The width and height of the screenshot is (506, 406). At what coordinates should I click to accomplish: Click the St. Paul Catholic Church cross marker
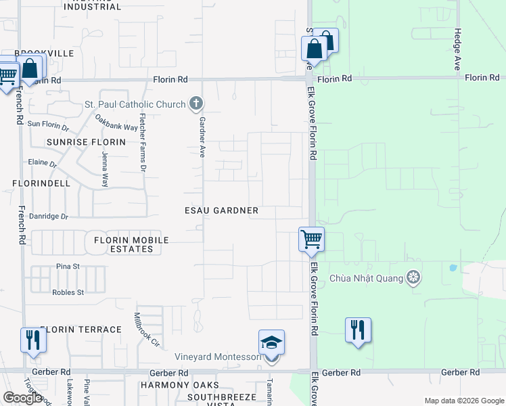[196, 104]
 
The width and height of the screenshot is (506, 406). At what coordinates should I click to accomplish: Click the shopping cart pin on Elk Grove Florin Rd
[311, 239]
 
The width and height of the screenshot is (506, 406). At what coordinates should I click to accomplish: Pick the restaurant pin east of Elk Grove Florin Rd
[358, 330]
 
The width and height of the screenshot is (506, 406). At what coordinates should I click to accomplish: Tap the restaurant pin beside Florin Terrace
[32, 340]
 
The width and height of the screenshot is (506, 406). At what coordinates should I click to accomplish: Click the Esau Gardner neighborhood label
[221, 210]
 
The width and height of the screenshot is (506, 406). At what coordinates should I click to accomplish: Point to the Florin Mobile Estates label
[131, 244]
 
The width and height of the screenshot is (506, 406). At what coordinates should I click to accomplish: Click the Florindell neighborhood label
[41, 183]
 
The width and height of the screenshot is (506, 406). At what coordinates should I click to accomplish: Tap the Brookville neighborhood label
[44, 53]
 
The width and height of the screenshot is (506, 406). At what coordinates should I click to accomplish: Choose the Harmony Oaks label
[168, 384]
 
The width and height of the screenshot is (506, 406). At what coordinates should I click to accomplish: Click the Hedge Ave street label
[458, 49]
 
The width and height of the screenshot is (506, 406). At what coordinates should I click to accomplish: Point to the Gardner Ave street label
[201, 133]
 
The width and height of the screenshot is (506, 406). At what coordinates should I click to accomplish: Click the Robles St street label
[68, 292]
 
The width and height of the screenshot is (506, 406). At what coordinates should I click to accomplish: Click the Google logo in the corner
[22, 398]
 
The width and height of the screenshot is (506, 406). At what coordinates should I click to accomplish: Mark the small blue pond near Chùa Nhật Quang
[452, 267]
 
